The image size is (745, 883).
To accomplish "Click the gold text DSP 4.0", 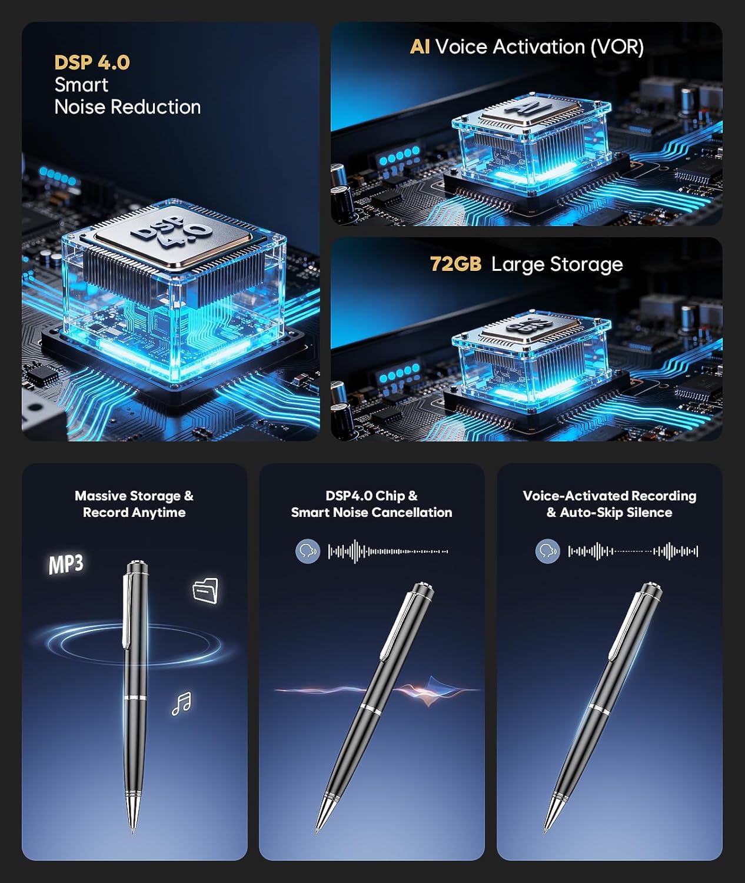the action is (x=92, y=62).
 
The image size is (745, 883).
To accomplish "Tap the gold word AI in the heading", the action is (x=420, y=47).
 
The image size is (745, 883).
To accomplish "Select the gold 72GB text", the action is (x=456, y=264).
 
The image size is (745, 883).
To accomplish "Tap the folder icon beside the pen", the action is (x=205, y=590).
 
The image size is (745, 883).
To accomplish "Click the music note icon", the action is (x=182, y=703).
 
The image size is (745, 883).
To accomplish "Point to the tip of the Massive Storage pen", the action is (x=133, y=832).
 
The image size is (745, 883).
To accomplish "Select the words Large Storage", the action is (x=557, y=264).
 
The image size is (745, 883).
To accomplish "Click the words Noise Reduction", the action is (x=127, y=107).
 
